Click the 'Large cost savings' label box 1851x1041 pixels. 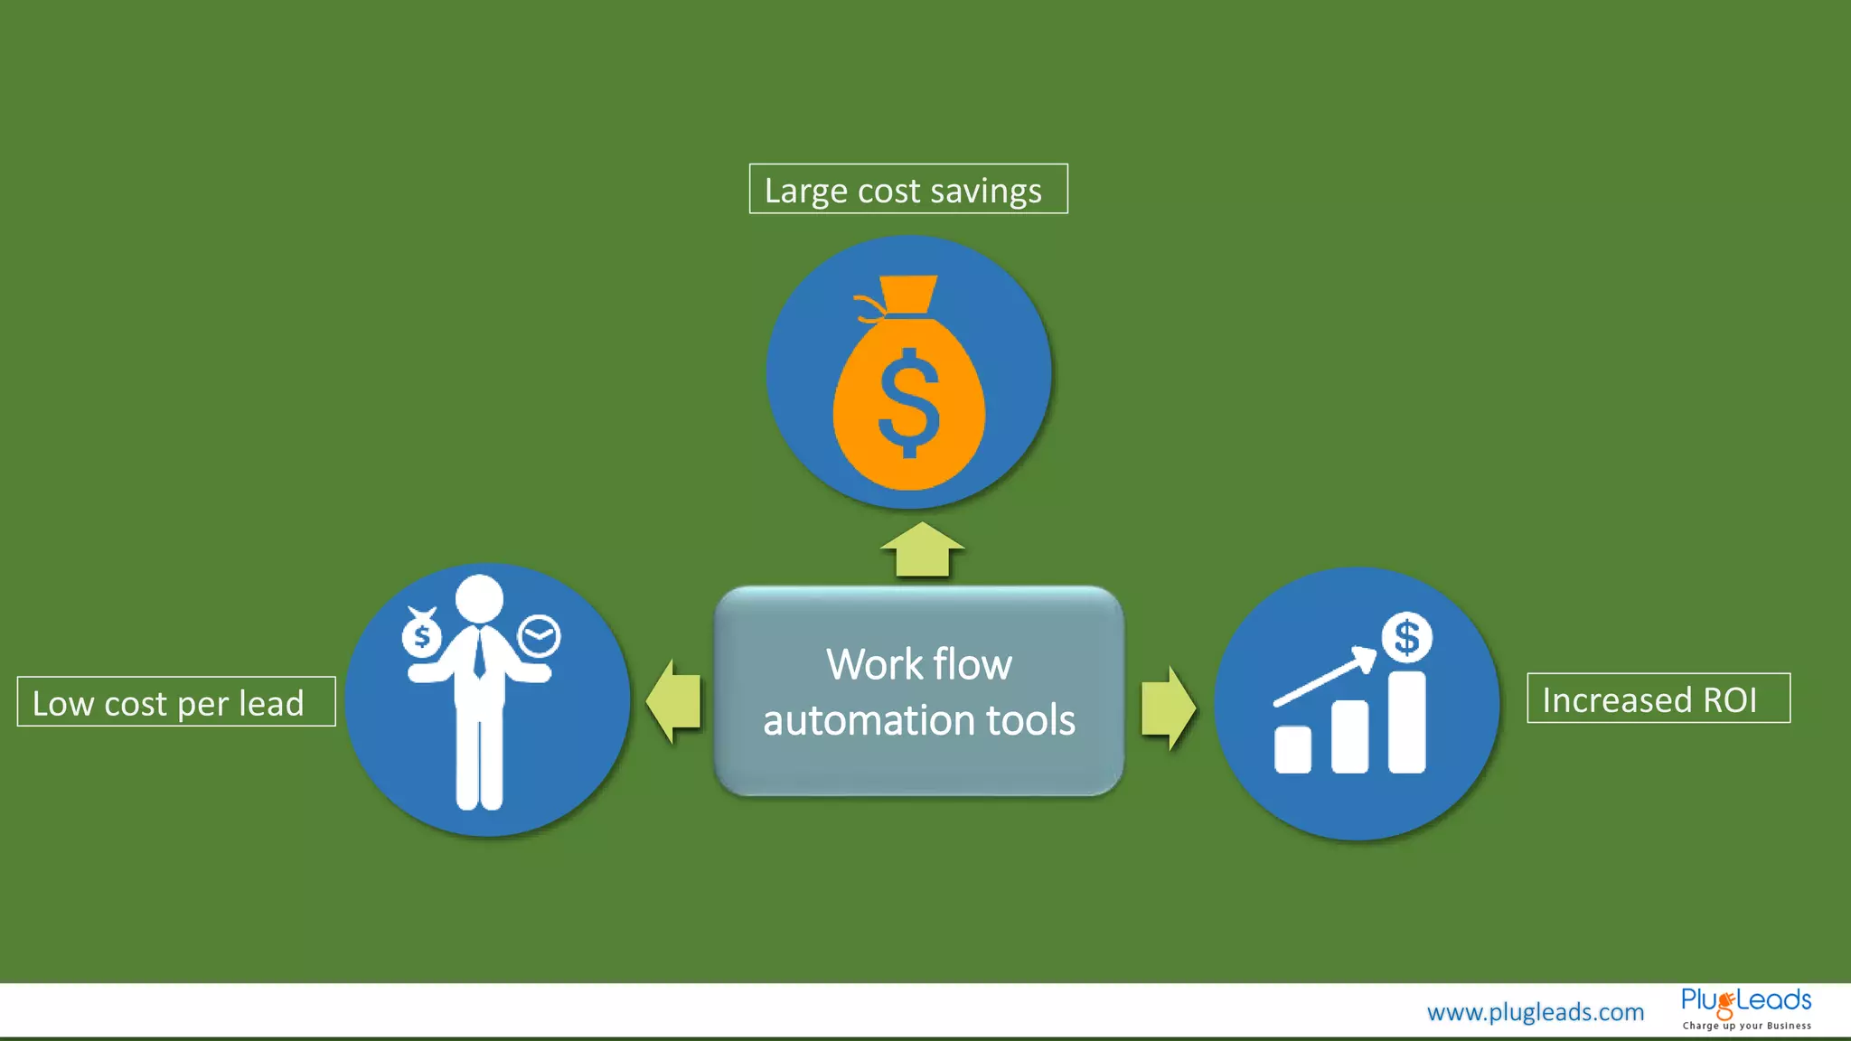click(x=907, y=189)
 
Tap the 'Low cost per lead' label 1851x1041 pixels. click(x=176, y=701)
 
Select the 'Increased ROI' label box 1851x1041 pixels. click(x=1658, y=698)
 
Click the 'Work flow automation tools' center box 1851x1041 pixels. click(x=918, y=691)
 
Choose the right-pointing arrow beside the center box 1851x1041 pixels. click(x=1168, y=708)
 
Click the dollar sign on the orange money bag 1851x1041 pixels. click(x=908, y=403)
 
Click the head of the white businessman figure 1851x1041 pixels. click(x=479, y=598)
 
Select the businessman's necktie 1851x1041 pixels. click(x=479, y=652)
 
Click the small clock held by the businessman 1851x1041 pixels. click(x=539, y=636)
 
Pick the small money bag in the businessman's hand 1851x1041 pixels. click(x=421, y=634)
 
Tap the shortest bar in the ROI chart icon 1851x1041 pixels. click(x=1292, y=749)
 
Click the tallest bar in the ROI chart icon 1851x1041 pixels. click(x=1406, y=722)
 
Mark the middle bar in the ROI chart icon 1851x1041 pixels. click(x=1349, y=736)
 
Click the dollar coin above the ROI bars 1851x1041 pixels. click(x=1406, y=638)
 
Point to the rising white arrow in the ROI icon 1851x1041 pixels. click(x=1324, y=676)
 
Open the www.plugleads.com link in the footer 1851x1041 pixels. click(x=1535, y=1012)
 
